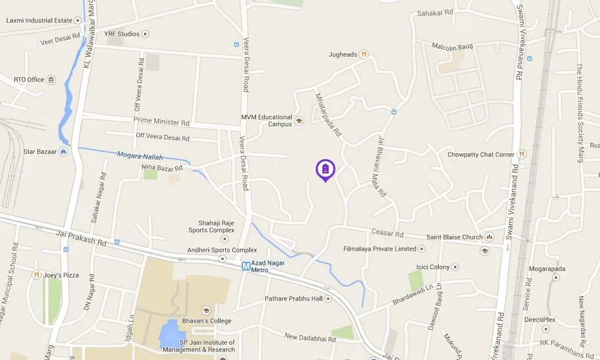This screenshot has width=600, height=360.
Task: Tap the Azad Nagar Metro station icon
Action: click(x=246, y=266)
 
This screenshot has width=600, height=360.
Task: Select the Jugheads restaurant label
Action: click(x=343, y=54)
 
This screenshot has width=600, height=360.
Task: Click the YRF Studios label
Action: click(x=122, y=34)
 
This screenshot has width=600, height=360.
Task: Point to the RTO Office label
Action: click(x=29, y=80)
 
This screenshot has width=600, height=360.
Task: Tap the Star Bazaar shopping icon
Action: click(x=63, y=152)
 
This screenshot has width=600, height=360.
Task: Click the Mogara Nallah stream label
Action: click(x=140, y=156)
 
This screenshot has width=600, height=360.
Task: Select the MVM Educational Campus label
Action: click(x=267, y=120)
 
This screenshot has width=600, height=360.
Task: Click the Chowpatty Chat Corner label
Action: click(x=480, y=154)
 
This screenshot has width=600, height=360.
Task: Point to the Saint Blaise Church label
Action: click(x=454, y=237)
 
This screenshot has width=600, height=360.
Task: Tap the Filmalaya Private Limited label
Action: click(x=379, y=249)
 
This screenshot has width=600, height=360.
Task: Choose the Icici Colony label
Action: click(x=432, y=267)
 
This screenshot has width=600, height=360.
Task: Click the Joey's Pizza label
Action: click(x=61, y=275)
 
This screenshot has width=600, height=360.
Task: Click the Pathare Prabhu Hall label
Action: click(x=293, y=298)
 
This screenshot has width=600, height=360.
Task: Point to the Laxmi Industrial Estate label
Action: click(x=39, y=20)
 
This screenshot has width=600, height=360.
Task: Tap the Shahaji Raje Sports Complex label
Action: click(x=221, y=226)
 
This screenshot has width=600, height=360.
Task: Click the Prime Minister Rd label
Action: click(x=161, y=121)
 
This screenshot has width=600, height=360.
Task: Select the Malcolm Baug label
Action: click(x=452, y=46)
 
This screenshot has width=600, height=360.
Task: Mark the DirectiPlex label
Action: click(x=539, y=320)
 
